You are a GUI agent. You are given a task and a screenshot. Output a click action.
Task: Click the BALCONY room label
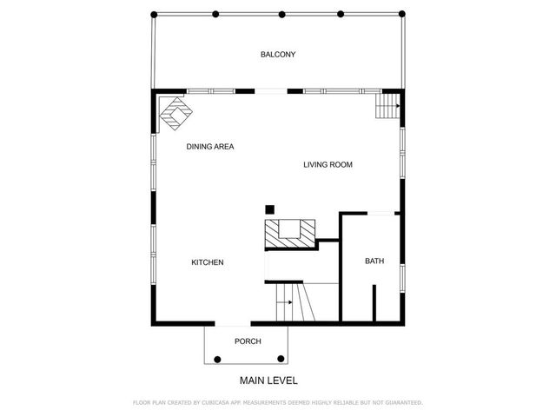[278, 55]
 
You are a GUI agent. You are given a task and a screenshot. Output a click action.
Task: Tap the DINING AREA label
[210, 147]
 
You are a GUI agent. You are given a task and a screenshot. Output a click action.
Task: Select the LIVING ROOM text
[328, 165]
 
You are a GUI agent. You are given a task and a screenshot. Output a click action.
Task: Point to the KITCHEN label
[208, 262]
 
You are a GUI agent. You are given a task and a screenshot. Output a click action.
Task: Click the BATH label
[374, 261]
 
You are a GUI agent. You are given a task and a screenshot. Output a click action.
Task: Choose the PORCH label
[248, 341]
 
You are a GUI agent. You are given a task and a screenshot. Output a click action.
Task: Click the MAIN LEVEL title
[268, 381]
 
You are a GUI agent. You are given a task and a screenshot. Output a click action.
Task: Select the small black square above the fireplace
[269, 209]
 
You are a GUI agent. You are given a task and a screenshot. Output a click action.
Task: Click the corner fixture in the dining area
[177, 112]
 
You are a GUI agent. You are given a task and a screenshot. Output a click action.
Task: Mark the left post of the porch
[217, 359]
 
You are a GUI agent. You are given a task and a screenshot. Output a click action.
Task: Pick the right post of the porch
[281, 359]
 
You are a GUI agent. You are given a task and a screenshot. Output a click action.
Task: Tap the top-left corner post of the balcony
[155, 15]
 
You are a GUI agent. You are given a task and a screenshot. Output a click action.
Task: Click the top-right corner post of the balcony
[401, 15]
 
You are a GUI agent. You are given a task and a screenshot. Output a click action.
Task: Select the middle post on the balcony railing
[282, 15]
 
